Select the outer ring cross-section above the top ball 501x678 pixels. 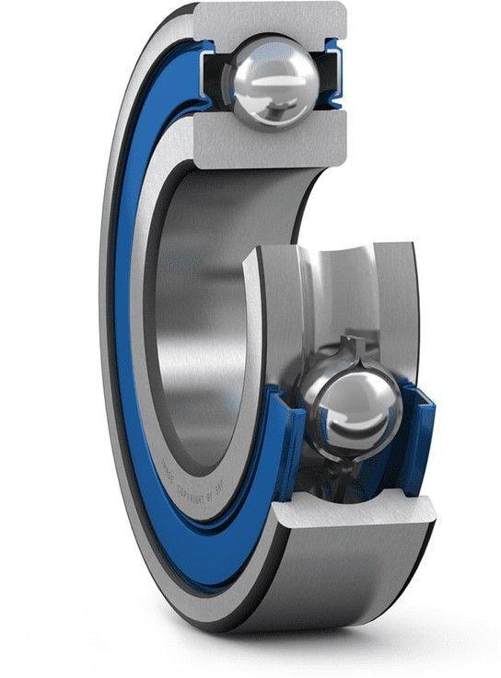click(x=272, y=20)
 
